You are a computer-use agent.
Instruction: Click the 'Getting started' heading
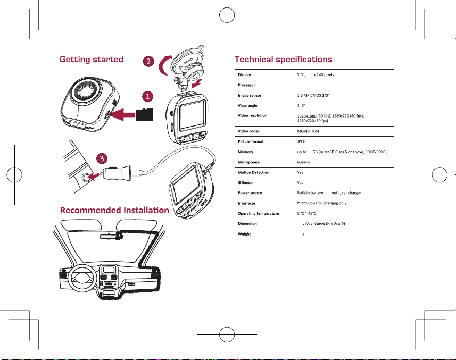92,60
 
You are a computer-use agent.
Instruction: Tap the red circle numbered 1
148,96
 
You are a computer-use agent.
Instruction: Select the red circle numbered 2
148,61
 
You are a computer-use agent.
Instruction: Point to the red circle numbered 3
102,158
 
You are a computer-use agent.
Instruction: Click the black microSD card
145,114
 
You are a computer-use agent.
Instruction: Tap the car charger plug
116,173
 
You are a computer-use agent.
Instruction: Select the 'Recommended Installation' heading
114,210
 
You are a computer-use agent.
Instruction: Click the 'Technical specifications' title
283,60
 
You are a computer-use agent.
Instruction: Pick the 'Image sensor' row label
250,95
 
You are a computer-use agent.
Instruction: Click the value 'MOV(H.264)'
308,131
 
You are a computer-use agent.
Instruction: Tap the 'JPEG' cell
301,141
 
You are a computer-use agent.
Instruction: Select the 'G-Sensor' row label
246,183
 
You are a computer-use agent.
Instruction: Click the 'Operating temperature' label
258,214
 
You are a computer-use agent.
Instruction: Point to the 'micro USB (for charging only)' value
322,203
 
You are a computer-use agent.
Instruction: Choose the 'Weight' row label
244,234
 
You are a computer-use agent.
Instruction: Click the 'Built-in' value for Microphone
303,162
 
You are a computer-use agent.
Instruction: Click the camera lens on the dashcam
85,91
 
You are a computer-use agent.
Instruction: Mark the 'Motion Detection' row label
253,172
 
